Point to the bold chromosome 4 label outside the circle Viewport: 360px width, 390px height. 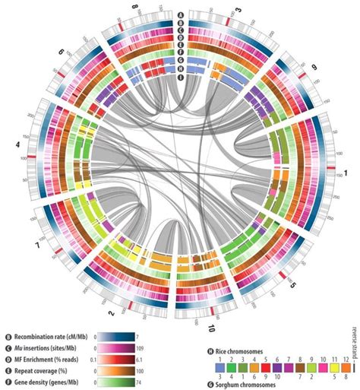[x=16, y=141]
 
